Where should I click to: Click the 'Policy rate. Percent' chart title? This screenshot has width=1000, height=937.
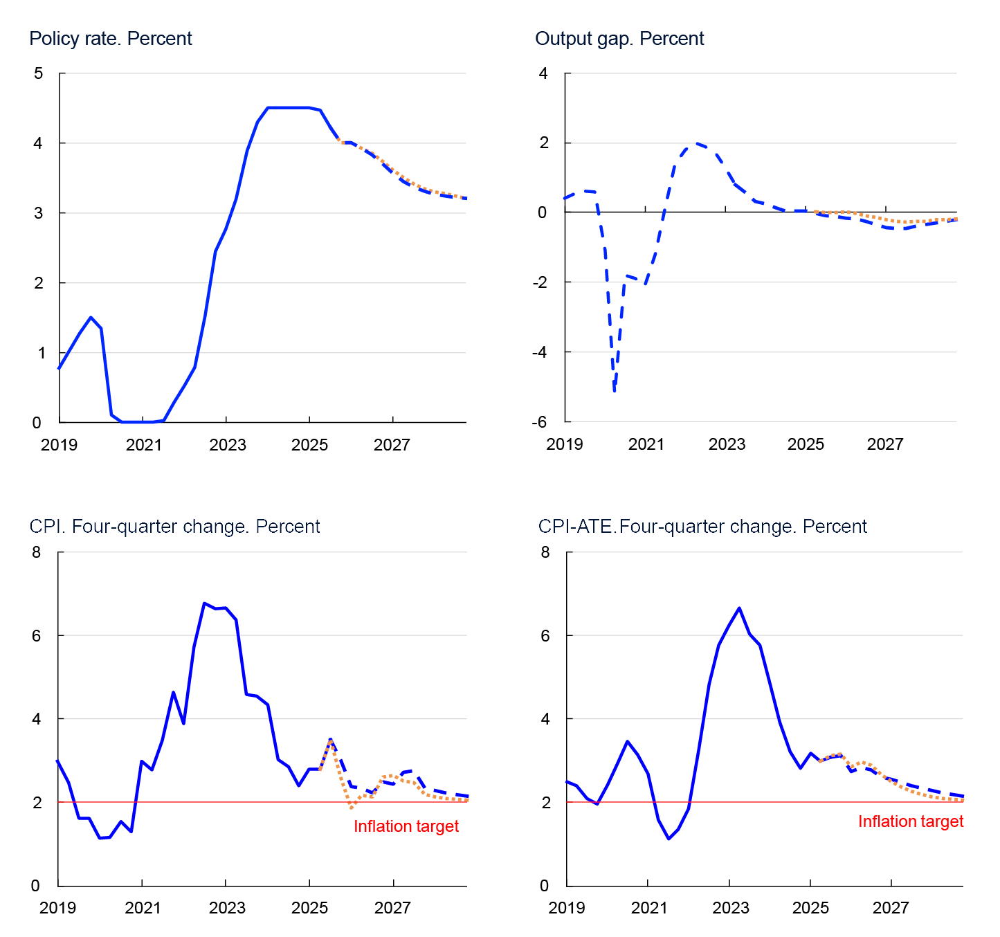pyautogui.click(x=111, y=39)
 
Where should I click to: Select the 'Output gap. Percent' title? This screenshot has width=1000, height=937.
pyautogui.click(x=619, y=39)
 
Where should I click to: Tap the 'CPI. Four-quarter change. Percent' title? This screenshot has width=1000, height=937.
pyautogui.click(x=174, y=527)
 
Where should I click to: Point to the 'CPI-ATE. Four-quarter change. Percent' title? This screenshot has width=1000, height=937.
pyautogui.click(x=702, y=527)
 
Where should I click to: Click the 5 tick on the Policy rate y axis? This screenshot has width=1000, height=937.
pyautogui.click(x=38, y=73)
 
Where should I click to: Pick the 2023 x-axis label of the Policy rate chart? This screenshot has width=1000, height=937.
pyautogui.click(x=227, y=445)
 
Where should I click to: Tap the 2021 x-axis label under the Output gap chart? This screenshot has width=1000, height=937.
pyautogui.click(x=646, y=445)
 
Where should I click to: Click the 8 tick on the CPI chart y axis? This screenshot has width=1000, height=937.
pyautogui.click(x=37, y=552)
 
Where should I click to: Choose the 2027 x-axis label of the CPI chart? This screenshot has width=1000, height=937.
pyautogui.click(x=392, y=907)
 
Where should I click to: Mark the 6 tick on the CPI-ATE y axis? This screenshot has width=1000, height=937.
pyautogui.click(x=545, y=635)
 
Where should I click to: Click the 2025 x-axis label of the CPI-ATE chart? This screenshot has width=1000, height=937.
pyautogui.click(x=810, y=907)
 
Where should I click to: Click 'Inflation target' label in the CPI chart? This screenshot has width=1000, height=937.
pyautogui.click(x=406, y=826)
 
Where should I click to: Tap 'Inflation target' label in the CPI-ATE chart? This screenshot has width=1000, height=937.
pyautogui.click(x=911, y=821)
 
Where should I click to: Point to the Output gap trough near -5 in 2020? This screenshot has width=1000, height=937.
pyautogui.click(x=614, y=391)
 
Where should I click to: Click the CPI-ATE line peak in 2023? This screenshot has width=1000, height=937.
pyautogui.click(x=739, y=608)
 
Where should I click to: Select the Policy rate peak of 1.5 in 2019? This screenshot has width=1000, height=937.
pyautogui.click(x=91, y=318)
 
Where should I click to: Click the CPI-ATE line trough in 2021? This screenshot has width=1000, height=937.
pyautogui.click(x=669, y=839)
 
